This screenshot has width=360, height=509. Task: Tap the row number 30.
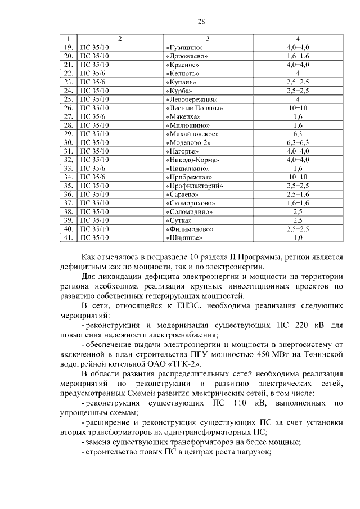[x=69, y=143]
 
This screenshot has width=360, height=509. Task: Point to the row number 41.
[x=69, y=238]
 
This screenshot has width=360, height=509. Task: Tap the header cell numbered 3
[x=208, y=39]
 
